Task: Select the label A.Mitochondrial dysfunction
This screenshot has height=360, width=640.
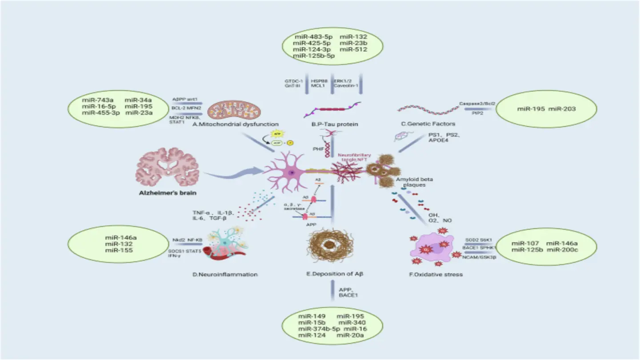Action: click(x=236, y=125)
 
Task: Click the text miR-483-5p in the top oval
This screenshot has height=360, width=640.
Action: click(x=310, y=36)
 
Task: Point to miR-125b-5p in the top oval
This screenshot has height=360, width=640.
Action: click(x=313, y=56)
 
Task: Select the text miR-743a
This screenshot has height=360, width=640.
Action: click(x=98, y=100)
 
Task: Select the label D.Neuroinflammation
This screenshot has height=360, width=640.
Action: click(x=225, y=274)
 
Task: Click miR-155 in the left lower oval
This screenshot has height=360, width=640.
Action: click(x=116, y=250)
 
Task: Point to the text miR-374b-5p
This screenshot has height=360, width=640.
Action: click(x=313, y=329)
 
